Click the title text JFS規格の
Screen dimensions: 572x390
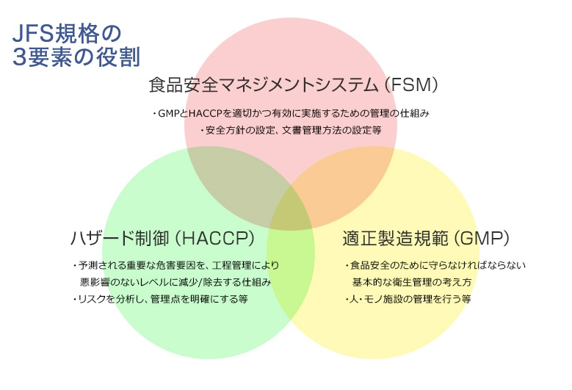(66, 34)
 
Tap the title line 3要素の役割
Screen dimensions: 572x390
(76, 57)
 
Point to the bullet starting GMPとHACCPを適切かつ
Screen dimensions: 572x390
(291, 113)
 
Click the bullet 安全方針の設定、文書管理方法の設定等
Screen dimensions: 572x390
(291, 130)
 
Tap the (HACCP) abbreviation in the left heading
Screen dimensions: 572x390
(214, 238)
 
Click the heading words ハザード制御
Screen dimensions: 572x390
(120, 238)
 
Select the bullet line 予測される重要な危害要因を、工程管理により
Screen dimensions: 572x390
(176, 265)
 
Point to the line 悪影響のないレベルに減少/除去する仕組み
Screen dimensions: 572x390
(175, 282)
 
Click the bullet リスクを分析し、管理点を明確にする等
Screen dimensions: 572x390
(161, 299)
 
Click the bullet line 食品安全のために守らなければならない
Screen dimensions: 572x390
(435, 265)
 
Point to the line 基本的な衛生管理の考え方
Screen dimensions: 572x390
(412, 282)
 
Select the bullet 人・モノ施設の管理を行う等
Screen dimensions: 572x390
(408, 299)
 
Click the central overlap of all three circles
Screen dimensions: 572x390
(290, 209)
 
